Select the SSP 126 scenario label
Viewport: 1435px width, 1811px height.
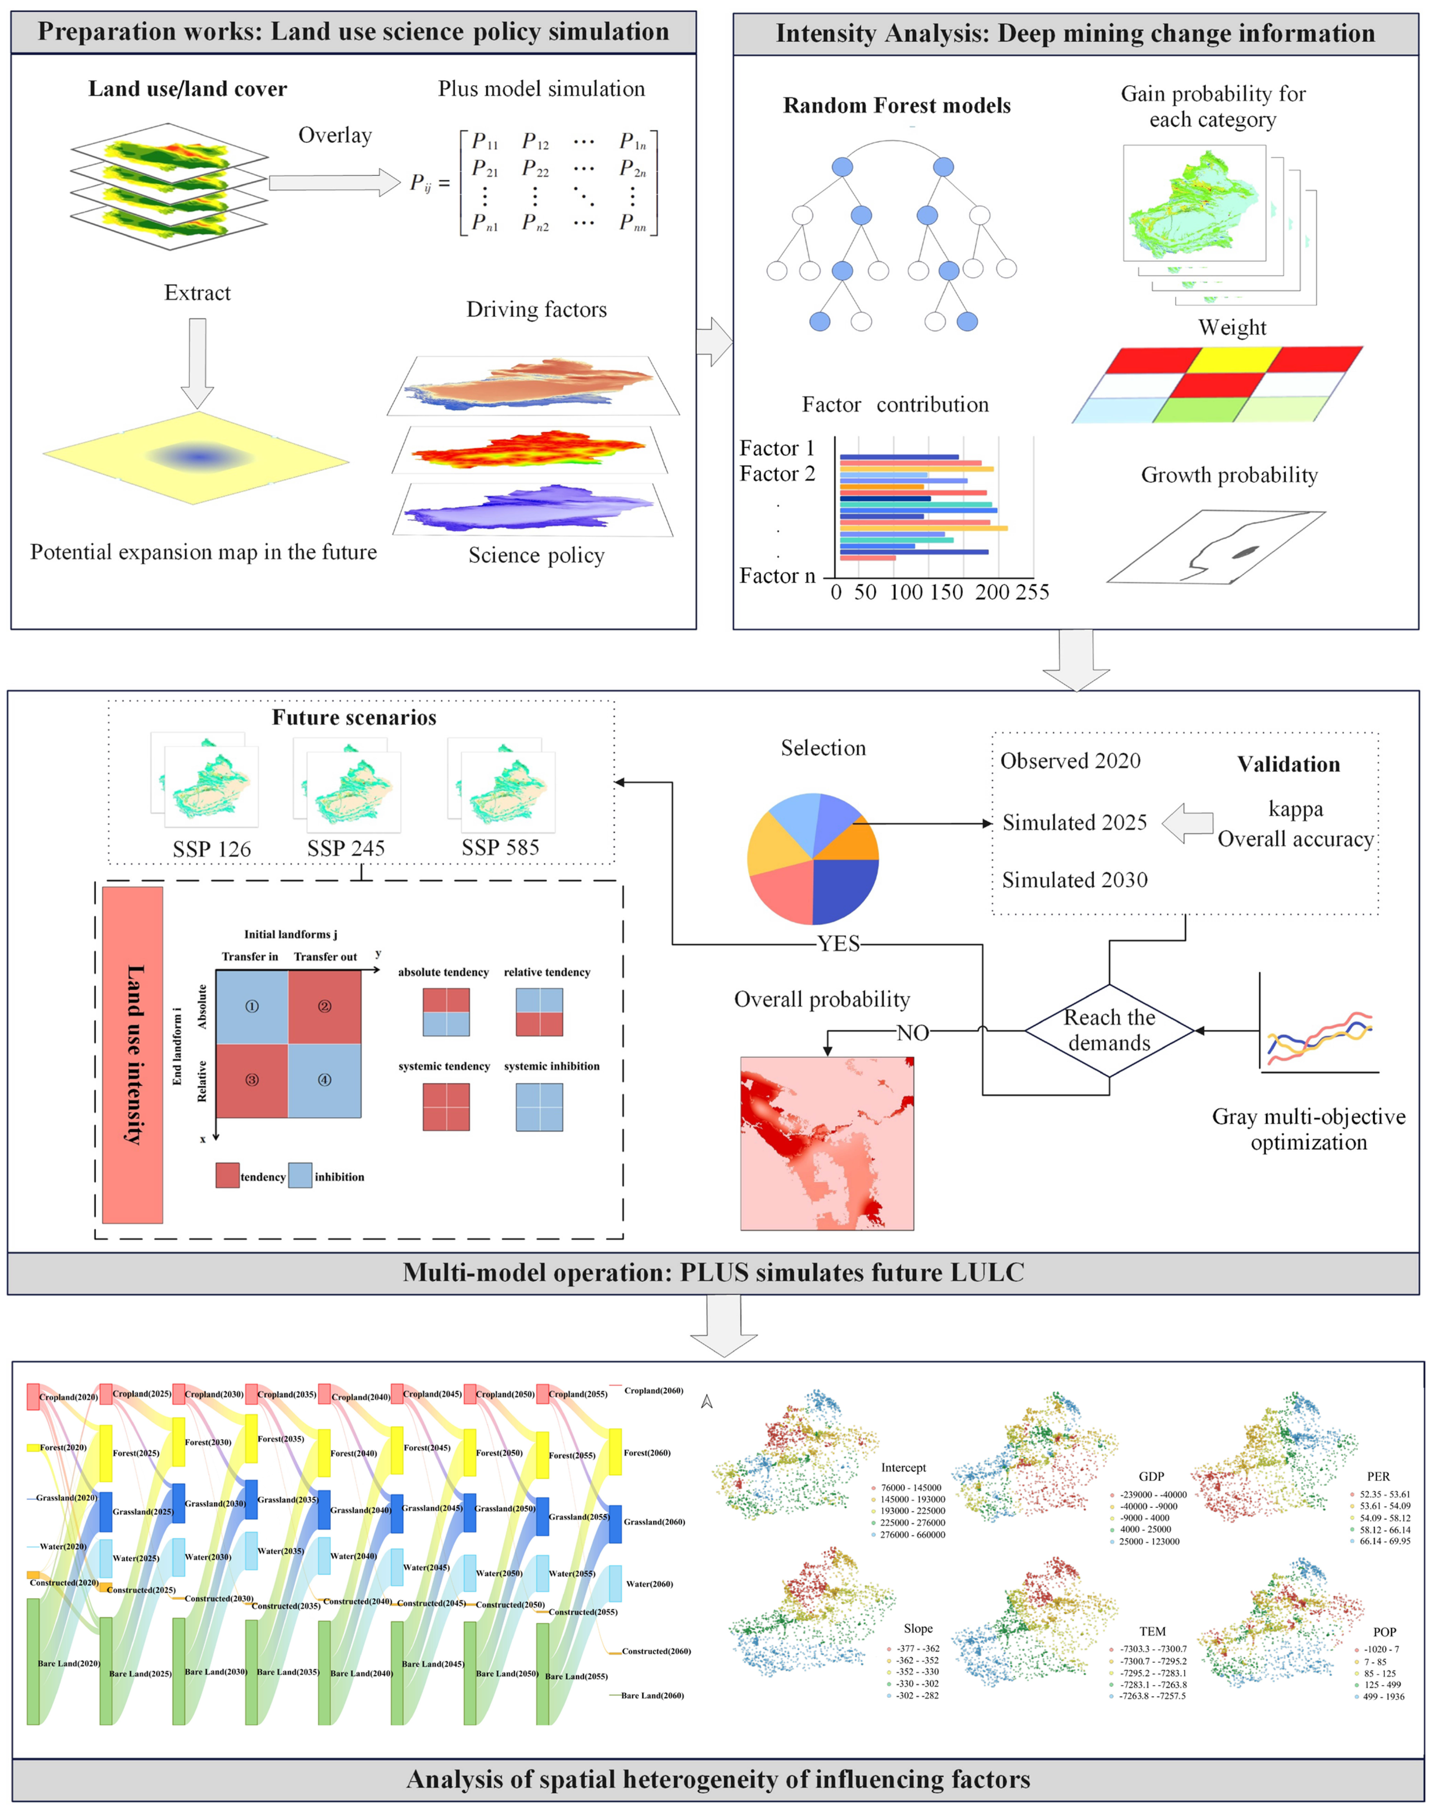(x=212, y=849)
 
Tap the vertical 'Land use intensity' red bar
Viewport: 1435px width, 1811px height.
(x=133, y=1054)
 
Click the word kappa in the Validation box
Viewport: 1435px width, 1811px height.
(x=1295, y=809)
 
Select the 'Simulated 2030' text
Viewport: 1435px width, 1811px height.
(x=1075, y=880)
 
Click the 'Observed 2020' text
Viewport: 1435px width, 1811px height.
(x=1070, y=761)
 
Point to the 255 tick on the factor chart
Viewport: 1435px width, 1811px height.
(x=1032, y=592)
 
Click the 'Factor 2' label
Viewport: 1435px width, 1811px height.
(x=777, y=474)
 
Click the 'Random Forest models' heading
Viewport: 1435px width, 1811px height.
(x=896, y=106)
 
